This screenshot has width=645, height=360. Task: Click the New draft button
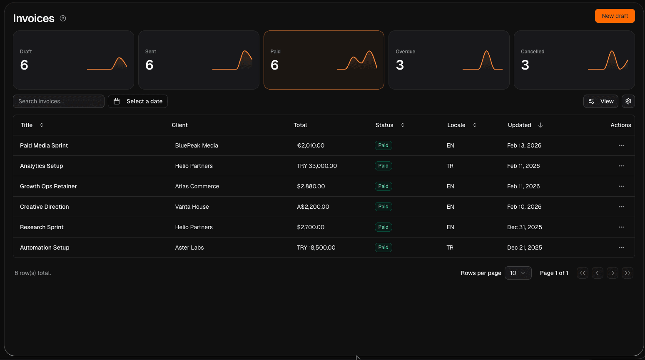[615, 16]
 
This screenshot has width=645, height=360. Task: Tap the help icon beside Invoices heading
[63, 18]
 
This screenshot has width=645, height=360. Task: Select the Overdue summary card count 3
[400, 65]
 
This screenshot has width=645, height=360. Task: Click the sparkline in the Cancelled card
[608, 60]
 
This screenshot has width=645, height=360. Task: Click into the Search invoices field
[59, 101]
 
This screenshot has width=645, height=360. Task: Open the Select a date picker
[138, 101]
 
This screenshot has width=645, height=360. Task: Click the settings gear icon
[628, 101]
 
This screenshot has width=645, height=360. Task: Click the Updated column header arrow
[540, 125]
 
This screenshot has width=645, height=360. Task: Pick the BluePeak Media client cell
[197, 145]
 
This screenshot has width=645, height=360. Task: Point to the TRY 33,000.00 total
[317, 166]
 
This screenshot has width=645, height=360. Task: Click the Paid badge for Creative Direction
[383, 207]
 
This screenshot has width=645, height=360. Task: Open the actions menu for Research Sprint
[621, 227]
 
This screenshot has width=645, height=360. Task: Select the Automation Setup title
[45, 247]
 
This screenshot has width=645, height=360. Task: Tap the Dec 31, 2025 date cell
[524, 227]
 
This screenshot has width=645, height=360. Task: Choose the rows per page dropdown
[518, 273]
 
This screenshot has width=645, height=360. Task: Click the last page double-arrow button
[627, 273]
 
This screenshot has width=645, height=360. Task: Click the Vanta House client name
[192, 207]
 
